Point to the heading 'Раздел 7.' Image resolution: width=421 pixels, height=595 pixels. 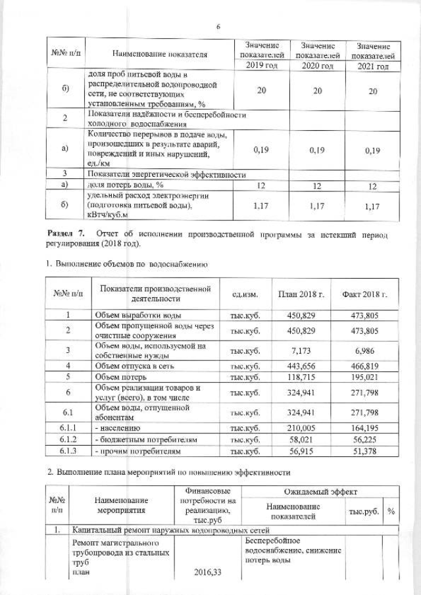[x=67, y=234]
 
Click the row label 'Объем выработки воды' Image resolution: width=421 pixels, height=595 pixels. [x=137, y=316]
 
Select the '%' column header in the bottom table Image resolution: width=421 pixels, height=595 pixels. [x=391, y=512]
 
